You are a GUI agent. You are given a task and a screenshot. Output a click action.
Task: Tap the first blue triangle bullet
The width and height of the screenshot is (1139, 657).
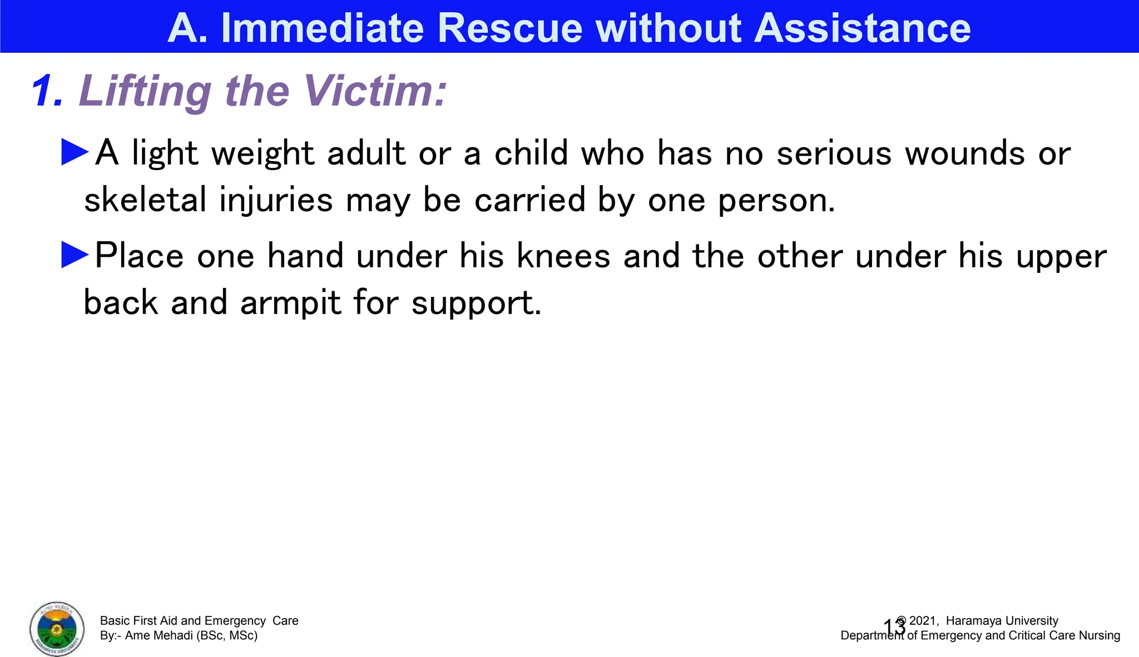(75, 152)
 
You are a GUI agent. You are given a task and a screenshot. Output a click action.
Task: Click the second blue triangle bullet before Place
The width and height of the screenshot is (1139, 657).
(75, 255)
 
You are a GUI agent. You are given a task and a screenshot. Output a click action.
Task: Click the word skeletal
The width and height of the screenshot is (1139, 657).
(145, 200)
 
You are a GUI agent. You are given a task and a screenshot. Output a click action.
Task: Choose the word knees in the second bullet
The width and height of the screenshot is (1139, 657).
(563, 256)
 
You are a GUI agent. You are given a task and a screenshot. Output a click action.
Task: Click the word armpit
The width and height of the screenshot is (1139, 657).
(290, 303)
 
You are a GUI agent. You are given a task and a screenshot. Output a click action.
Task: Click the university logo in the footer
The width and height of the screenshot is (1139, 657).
(57, 629)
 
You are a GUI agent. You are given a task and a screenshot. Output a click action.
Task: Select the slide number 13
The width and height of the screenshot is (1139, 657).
(894, 628)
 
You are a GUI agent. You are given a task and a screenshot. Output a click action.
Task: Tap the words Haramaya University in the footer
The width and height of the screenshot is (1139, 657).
(1002, 621)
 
